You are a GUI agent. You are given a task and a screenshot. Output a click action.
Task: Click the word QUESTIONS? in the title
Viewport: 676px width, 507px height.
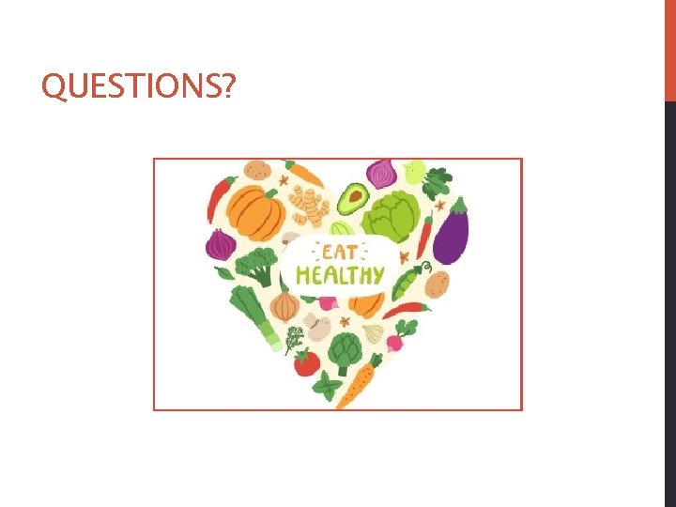click(x=139, y=87)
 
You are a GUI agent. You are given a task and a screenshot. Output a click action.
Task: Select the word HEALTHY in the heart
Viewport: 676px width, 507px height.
click(x=340, y=275)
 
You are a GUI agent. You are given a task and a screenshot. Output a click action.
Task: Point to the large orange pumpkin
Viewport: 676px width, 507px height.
click(x=255, y=210)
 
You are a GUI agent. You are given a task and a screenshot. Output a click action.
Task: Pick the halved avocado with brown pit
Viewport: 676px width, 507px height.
click(x=352, y=198)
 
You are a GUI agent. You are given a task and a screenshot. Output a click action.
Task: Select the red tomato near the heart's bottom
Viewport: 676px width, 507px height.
click(x=307, y=362)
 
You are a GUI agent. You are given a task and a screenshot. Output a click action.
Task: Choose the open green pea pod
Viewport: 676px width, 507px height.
click(x=407, y=279)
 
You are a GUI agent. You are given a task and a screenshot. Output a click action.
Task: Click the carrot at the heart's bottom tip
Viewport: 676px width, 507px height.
click(x=358, y=380)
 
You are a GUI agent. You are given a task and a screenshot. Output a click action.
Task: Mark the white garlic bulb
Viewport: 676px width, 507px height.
click(x=375, y=332)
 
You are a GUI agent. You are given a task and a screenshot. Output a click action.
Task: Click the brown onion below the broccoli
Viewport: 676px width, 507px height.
click(x=284, y=305)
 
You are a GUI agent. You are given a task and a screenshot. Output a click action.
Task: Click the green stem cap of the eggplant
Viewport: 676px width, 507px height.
click(x=458, y=207)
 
